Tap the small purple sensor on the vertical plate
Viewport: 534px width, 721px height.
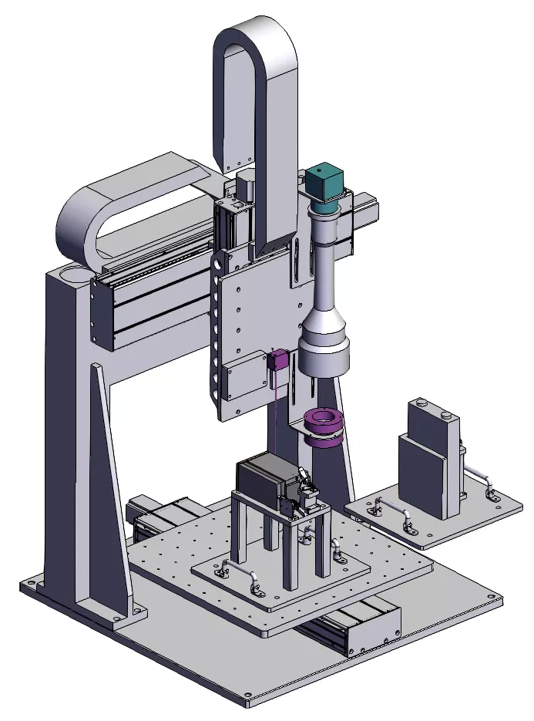[280, 360]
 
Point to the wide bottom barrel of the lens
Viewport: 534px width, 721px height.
[324, 354]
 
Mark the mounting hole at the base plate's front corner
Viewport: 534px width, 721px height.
[248, 702]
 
